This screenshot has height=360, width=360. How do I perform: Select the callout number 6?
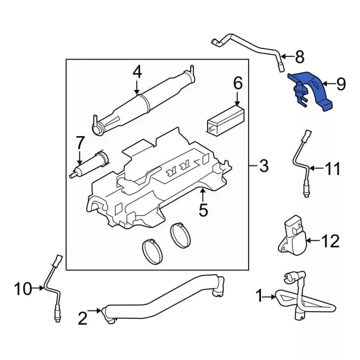click(x=237, y=84)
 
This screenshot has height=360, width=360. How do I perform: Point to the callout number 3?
click(x=263, y=166)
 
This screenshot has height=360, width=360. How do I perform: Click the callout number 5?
click(x=203, y=211)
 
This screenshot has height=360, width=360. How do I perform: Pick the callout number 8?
click(x=299, y=56)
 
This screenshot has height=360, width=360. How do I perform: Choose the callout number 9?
click(x=341, y=84)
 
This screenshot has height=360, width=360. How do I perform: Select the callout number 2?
click(x=83, y=319)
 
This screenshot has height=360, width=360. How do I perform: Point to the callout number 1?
click(x=259, y=294)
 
